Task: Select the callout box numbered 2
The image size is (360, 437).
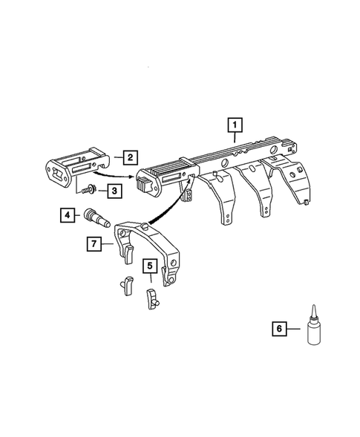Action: [x=129, y=157]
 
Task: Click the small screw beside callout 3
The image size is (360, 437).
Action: [x=91, y=190]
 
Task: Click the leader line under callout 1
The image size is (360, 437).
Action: [x=235, y=137]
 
